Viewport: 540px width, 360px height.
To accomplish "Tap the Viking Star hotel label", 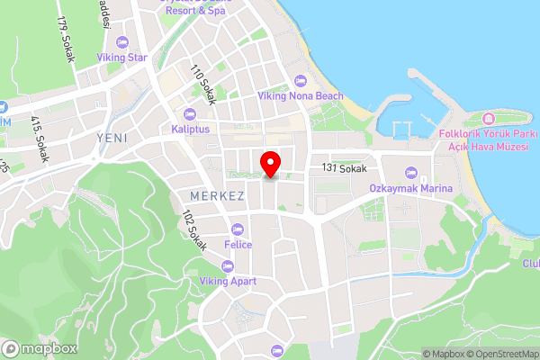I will tap(124, 58).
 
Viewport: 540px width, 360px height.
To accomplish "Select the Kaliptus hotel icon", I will tap(189, 114).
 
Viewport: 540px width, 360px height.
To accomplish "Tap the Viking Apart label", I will tap(228, 281).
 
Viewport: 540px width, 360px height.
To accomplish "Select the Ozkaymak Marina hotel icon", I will tap(409, 172).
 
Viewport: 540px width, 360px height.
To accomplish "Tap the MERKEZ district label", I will tap(217, 195).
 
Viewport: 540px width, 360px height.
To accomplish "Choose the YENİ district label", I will tap(112, 137).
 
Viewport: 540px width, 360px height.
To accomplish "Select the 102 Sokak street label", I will tap(193, 229).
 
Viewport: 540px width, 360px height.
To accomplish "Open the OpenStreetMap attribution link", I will tap(498, 354).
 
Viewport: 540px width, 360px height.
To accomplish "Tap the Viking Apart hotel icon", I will tap(227, 265).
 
